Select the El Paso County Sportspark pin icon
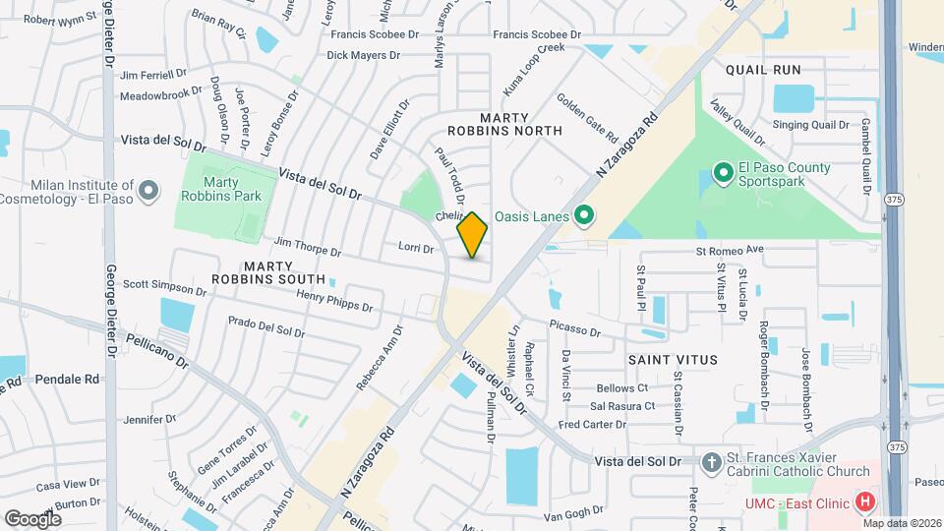tap(724, 174)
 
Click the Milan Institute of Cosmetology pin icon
tap(148, 190)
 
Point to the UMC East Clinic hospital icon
tap(864, 502)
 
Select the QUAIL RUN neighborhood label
tap(764, 70)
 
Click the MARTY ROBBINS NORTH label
tap(504, 123)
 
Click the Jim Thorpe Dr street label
tap(308, 247)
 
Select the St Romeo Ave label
tap(729, 251)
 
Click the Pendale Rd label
tap(68, 379)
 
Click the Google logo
tap(32, 518)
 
